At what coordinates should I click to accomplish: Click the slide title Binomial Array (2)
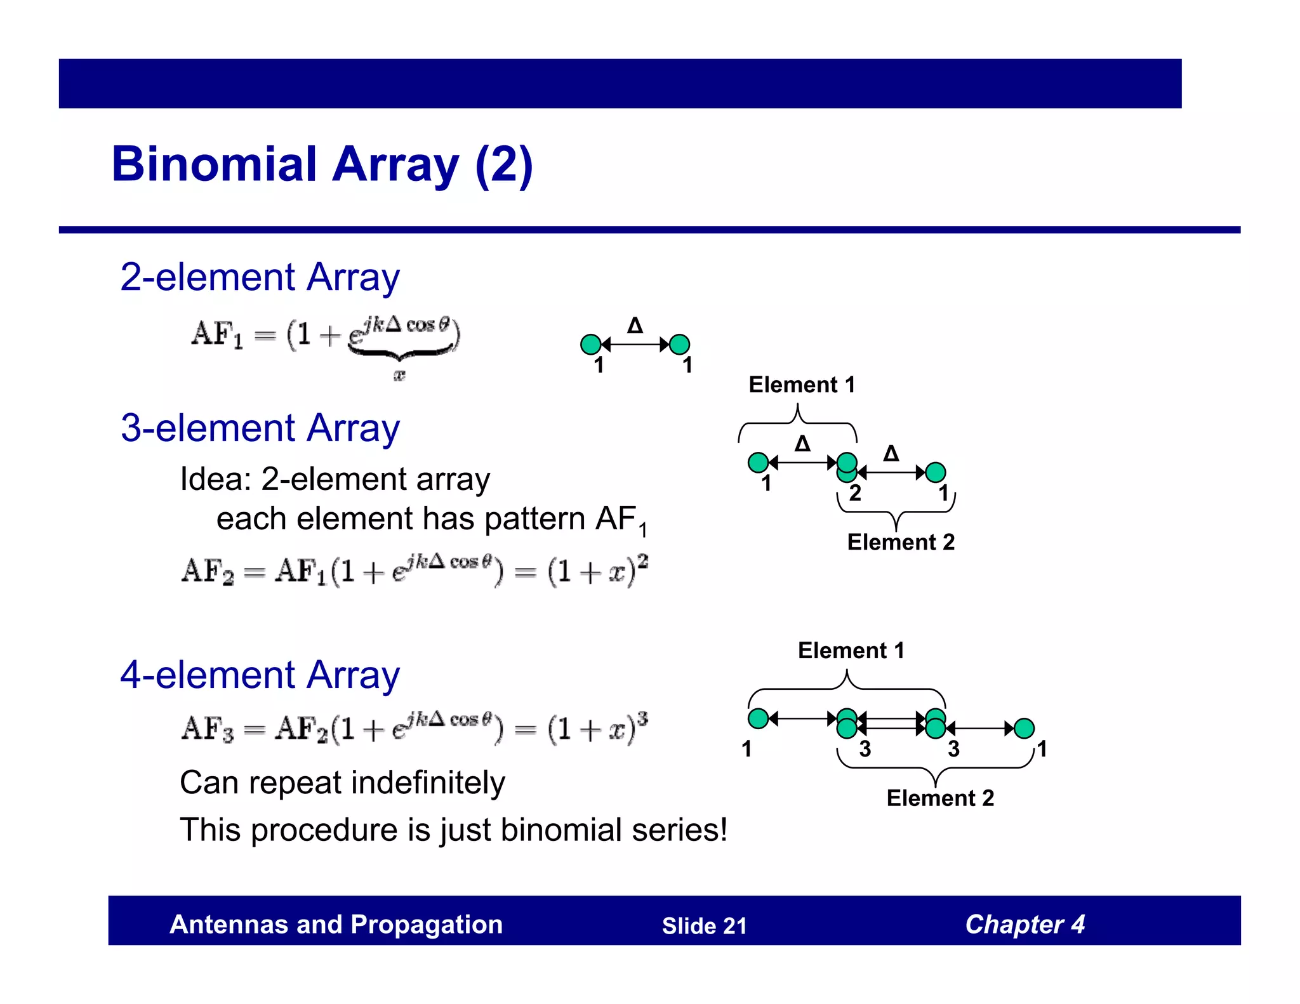322,164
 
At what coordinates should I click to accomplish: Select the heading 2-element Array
260,277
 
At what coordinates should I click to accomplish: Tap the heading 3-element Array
260,428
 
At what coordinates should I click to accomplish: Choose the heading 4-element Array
260,675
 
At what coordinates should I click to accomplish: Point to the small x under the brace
399,375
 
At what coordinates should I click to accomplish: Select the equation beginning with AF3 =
414,727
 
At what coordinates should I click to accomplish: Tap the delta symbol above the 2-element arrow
635,326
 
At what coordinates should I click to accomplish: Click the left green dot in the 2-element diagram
590,345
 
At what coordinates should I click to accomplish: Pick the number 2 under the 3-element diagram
855,493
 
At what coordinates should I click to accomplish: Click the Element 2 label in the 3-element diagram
900,543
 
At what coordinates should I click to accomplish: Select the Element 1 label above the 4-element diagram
851,651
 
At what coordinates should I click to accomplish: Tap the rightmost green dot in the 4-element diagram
1024,729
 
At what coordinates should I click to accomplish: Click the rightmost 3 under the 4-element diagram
953,750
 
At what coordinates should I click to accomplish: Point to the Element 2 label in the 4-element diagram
939,798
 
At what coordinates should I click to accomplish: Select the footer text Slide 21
704,926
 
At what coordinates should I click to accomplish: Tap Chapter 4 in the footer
1025,925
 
